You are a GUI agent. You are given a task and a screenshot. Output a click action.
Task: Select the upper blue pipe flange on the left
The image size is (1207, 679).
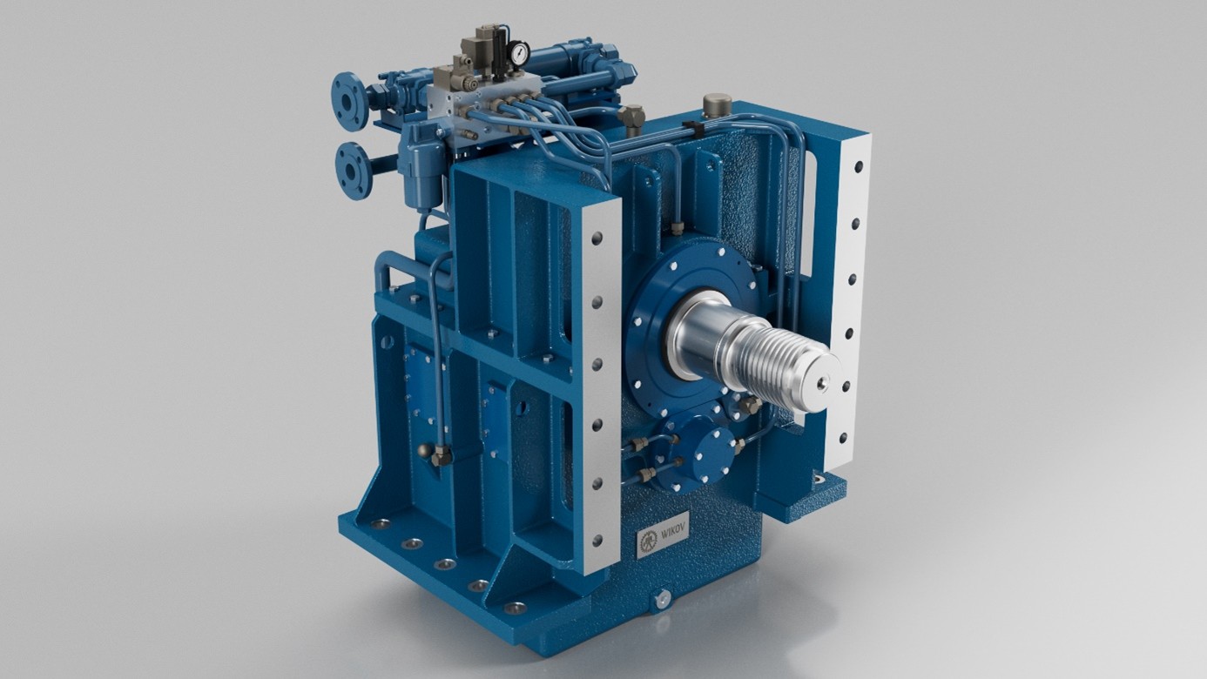[348, 100]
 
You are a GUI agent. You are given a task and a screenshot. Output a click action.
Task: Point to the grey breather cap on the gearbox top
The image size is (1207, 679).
[716, 104]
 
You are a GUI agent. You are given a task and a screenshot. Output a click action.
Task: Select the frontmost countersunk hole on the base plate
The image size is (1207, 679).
[516, 607]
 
